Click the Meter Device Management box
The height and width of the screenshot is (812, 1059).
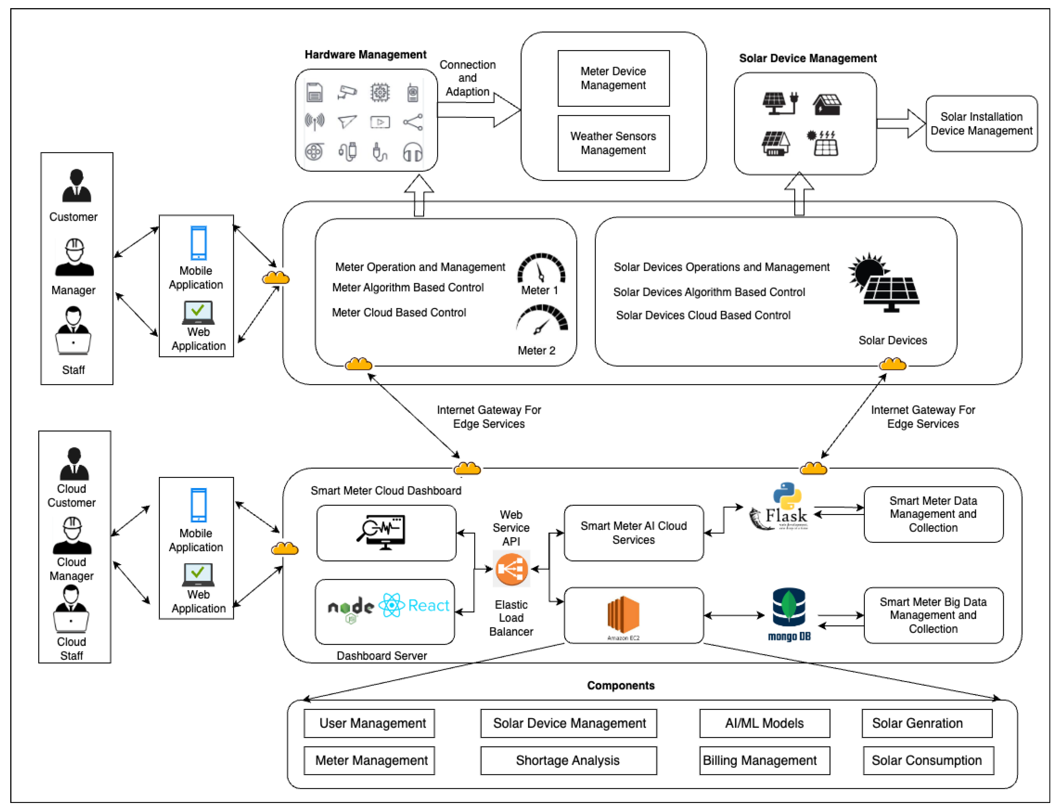tap(613, 78)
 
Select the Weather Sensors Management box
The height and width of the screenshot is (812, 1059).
tap(613, 143)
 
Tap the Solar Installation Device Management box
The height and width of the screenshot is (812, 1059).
tap(981, 124)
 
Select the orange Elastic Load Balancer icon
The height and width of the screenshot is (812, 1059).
tap(511, 569)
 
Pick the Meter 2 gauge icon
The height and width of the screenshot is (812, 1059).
tap(542, 320)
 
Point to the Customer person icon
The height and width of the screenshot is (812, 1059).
tap(76, 186)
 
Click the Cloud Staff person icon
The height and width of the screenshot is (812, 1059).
tap(71, 609)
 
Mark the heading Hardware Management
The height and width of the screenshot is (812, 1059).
tap(365, 55)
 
